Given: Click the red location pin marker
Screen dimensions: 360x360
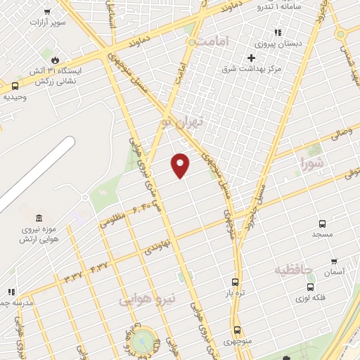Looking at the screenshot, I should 181,165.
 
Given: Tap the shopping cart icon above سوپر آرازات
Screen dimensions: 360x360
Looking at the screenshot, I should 47,12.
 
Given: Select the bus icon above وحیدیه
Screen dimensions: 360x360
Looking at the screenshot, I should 15,86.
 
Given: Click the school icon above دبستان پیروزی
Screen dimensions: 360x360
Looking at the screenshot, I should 278,32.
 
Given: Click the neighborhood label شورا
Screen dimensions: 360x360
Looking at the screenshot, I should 313,165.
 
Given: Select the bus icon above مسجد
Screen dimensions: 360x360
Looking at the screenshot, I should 323,221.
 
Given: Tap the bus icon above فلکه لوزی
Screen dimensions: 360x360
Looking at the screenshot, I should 311,287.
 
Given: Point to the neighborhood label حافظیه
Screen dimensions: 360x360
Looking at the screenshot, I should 293,269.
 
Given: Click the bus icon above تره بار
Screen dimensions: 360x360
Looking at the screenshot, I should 235,282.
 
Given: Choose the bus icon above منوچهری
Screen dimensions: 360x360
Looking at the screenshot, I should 237,330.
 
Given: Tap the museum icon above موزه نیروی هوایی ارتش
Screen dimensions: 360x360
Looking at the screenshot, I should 39,217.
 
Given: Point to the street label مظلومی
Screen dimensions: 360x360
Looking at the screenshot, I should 112,220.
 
